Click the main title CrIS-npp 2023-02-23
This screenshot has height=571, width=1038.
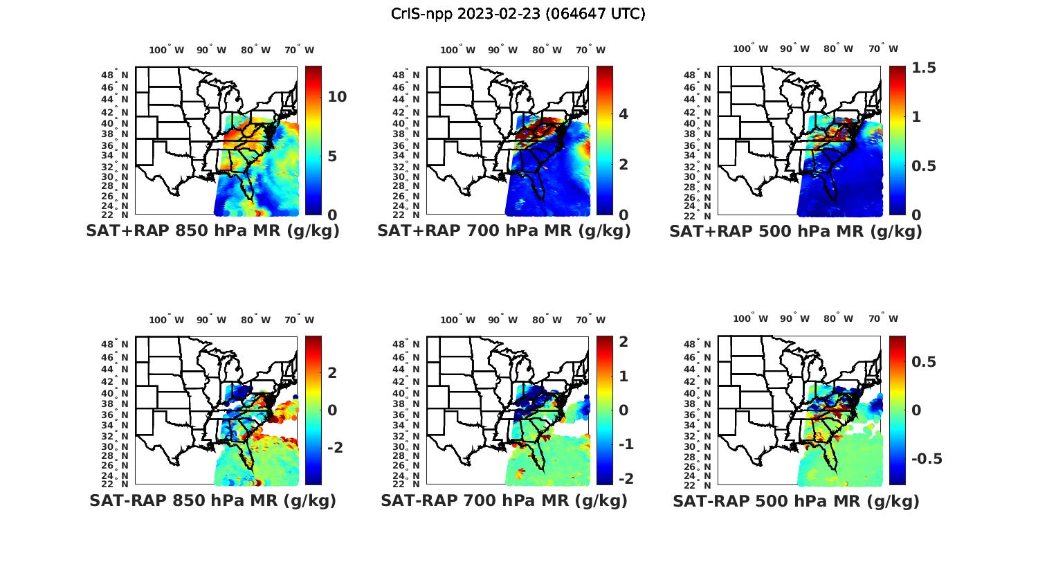(x=518, y=13)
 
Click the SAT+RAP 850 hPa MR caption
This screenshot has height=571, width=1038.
(x=212, y=231)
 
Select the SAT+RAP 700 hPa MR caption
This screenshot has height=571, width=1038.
(x=504, y=231)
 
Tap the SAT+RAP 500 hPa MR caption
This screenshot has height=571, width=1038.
(x=796, y=231)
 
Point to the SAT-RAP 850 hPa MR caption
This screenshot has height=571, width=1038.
(x=212, y=500)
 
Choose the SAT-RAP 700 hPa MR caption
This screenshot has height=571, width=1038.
(x=504, y=500)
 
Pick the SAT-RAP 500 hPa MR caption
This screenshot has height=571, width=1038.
(x=796, y=500)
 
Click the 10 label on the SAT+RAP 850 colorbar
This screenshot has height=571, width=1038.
(x=337, y=97)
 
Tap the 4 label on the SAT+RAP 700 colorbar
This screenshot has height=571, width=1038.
(x=623, y=114)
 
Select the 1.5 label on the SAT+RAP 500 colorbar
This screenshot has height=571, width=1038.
(x=924, y=68)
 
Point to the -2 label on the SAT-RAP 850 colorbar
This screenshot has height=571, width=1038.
(x=335, y=448)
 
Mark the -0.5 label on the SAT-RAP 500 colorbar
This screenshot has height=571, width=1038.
(x=927, y=460)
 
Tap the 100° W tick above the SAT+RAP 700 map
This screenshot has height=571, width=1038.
(x=457, y=50)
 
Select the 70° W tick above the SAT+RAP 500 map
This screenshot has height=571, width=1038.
(x=883, y=48)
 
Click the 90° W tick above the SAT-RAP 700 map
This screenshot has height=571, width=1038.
(x=502, y=320)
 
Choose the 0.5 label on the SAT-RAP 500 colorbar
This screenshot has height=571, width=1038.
(x=924, y=362)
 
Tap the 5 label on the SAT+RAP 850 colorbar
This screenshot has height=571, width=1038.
(x=332, y=156)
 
